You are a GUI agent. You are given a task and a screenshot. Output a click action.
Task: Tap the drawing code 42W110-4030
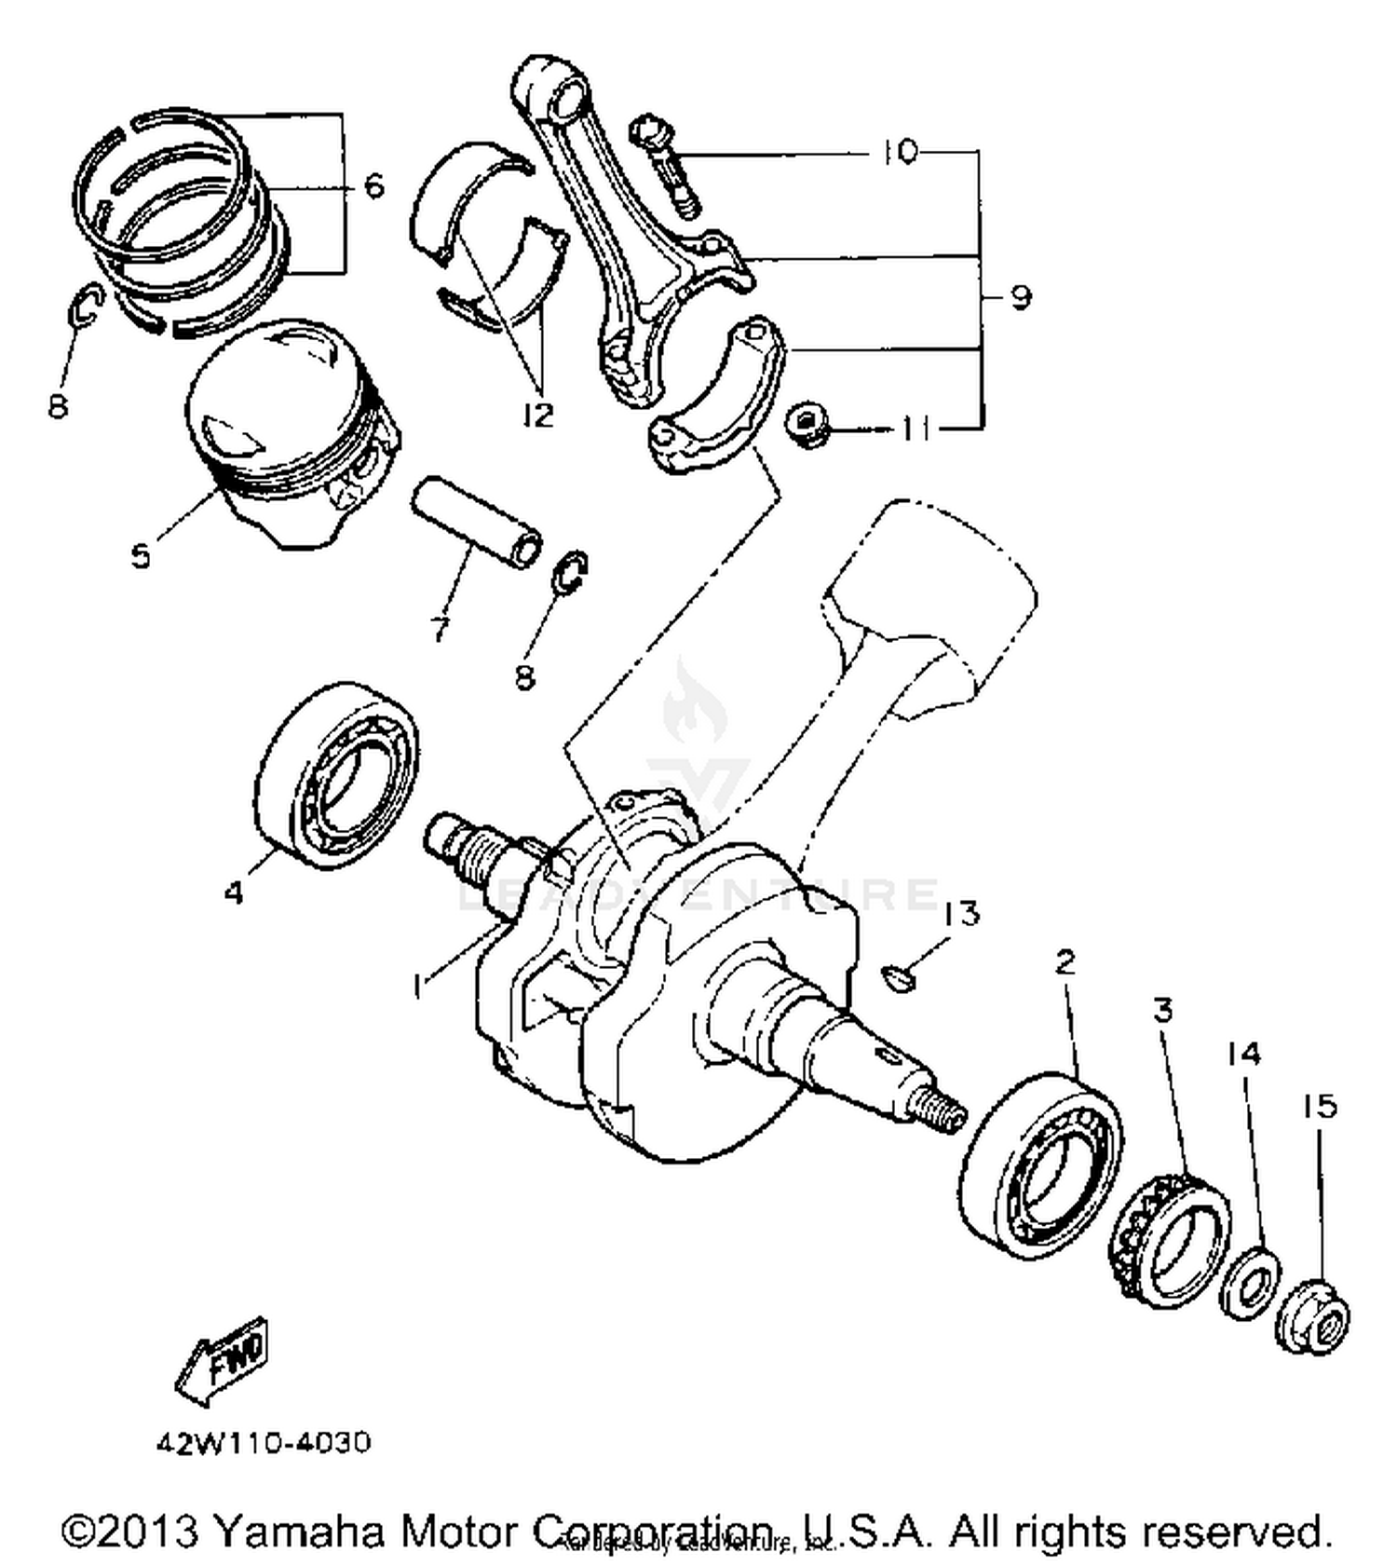tap(264, 1443)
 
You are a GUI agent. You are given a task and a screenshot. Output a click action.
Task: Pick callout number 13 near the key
tap(961, 913)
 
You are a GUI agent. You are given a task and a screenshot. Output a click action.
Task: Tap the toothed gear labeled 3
tap(1172, 1240)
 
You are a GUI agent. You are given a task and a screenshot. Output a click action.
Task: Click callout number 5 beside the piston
tap(141, 556)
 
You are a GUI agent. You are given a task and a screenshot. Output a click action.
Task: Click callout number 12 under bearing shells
tap(538, 415)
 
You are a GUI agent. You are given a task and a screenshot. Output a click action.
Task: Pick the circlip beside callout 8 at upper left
tap(87, 307)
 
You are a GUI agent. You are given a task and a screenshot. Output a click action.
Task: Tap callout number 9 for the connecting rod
tap(1021, 297)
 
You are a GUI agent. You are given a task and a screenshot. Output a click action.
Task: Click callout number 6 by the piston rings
tap(373, 186)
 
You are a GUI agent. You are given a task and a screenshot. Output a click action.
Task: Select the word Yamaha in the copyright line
tap(298, 1532)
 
